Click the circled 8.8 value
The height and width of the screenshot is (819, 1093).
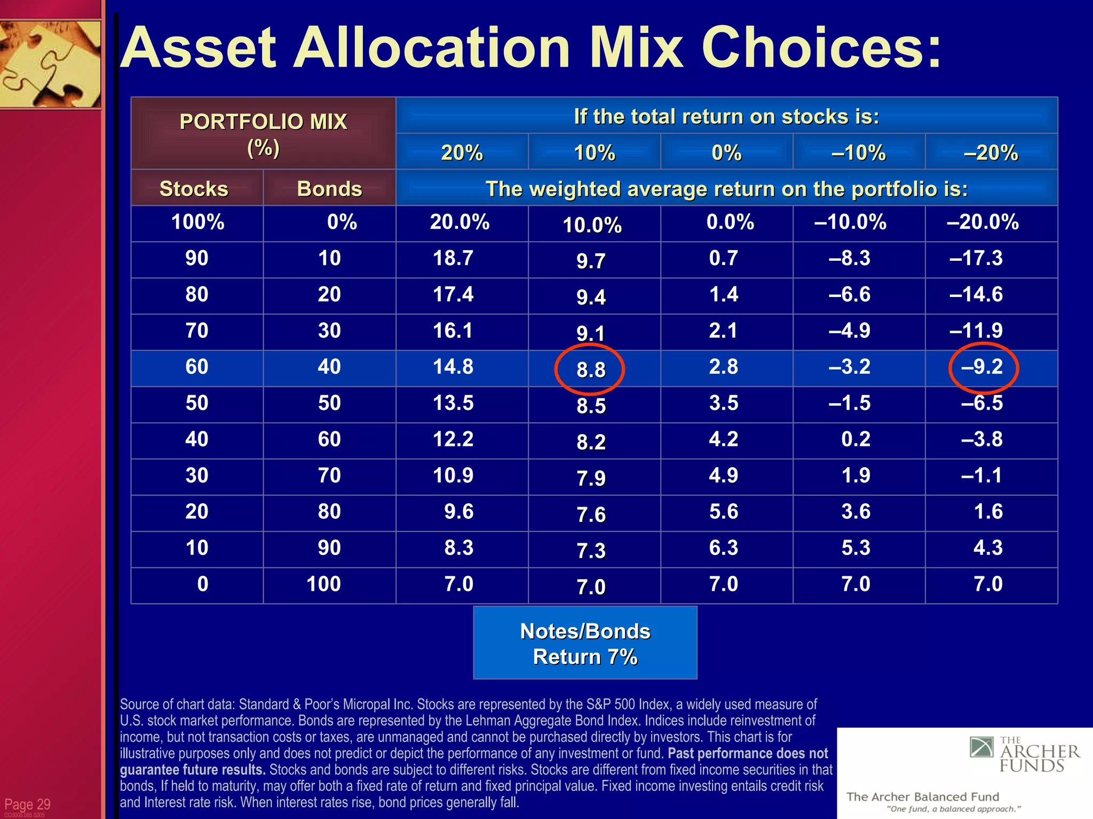click(x=590, y=369)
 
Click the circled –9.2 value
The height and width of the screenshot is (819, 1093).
click(x=983, y=367)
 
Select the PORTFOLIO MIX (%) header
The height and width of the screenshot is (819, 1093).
click(x=263, y=134)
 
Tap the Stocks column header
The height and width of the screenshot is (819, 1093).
click(x=194, y=189)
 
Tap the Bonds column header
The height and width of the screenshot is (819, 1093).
click(x=329, y=189)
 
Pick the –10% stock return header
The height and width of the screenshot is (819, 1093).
click(x=858, y=153)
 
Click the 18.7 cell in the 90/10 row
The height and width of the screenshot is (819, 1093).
click(x=453, y=259)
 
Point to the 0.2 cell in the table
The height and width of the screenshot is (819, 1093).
click(x=856, y=439)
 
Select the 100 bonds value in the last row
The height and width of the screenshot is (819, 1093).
click(x=323, y=584)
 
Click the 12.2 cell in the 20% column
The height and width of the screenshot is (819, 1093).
click(x=453, y=439)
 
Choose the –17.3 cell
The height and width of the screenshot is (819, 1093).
click(x=976, y=259)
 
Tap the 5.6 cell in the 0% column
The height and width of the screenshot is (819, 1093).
click(x=724, y=512)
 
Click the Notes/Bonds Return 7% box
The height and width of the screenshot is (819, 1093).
click(x=585, y=643)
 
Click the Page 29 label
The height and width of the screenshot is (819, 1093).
click(x=27, y=804)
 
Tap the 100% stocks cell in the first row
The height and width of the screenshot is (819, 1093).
click(x=197, y=222)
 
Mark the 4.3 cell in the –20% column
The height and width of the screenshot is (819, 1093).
click(x=988, y=548)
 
